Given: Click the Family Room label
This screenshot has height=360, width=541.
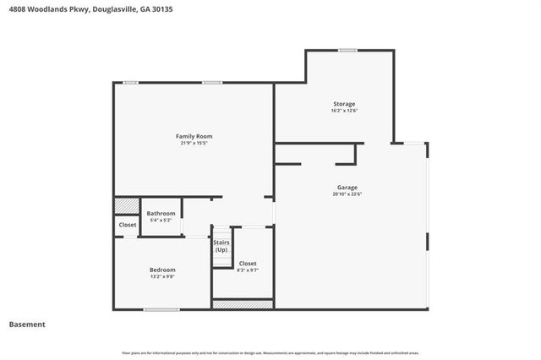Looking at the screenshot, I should (194, 136).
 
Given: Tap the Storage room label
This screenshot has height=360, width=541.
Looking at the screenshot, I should (343, 104).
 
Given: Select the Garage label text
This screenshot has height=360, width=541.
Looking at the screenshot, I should (347, 188).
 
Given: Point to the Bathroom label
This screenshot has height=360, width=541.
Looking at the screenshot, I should (161, 213).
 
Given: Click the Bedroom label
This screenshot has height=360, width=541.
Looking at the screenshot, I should (162, 270).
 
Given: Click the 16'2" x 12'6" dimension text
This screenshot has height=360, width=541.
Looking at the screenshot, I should (343, 111).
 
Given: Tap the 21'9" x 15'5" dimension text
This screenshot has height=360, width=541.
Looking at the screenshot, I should (194, 143).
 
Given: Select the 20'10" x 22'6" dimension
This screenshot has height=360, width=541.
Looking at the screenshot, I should (347, 194).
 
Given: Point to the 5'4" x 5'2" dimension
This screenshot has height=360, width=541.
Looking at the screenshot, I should (161, 220).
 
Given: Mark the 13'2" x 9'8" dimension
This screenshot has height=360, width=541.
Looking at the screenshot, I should (162, 276).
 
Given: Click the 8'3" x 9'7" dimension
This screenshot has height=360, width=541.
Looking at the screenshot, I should (248, 270).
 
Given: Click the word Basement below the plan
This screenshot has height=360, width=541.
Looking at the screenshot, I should (27, 325).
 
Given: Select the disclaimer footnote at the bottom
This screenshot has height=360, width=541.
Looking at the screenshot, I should (270, 352).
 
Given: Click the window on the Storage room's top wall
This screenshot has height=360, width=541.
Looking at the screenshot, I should (347, 51).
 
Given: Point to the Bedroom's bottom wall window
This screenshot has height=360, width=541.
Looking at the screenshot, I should (161, 309).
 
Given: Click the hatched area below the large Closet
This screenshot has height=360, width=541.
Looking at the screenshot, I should (243, 303).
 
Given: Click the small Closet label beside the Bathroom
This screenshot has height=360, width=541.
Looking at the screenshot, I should (127, 226).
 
